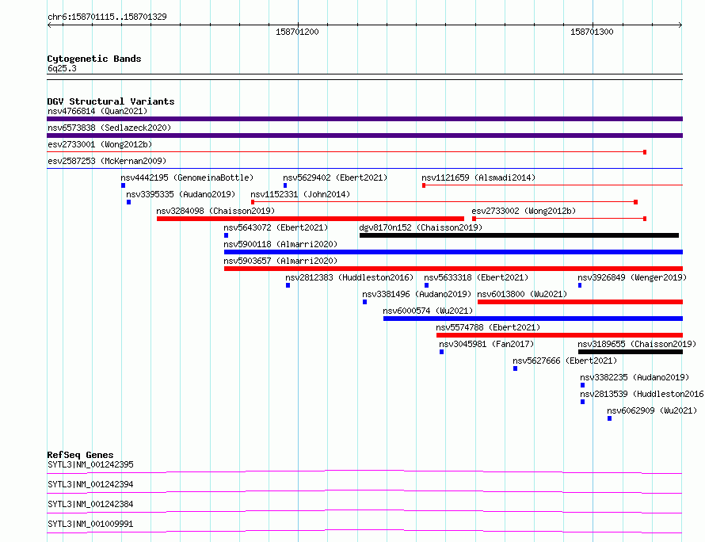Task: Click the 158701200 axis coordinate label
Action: pyautogui.click(x=297, y=32)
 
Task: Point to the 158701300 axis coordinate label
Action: pyautogui.click(x=592, y=32)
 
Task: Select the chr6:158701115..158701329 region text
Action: pyautogui.click(x=107, y=17)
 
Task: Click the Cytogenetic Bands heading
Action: pyautogui.click(x=94, y=59)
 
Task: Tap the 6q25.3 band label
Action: pyautogui.click(x=62, y=68)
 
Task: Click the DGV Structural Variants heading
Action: pyautogui.click(x=111, y=101)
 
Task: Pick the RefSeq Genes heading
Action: pyautogui.click(x=80, y=455)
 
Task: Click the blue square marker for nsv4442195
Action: pyautogui.click(x=124, y=185)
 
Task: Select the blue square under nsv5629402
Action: pyautogui.click(x=285, y=185)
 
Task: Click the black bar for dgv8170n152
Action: pyautogui.click(x=519, y=235)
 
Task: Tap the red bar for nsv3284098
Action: pyautogui.click(x=311, y=219)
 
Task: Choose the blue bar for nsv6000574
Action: pyautogui.click(x=533, y=319)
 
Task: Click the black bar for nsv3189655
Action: pyautogui.click(x=631, y=352)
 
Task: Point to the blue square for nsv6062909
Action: pyautogui.click(x=609, y=418)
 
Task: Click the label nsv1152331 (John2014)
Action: pyautogui.click(x=300, y=194)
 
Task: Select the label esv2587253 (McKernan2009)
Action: pyautogui.click(x=107, y=161)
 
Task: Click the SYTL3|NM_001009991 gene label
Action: pyautogui.click(x=90, y=524)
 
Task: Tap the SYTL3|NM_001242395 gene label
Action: pyautogui.click(x=90, y=464)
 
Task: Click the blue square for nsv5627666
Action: pyautogui.click(x=515, y=368)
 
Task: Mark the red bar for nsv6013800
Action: pyautogui.click(x=580, y=302)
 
